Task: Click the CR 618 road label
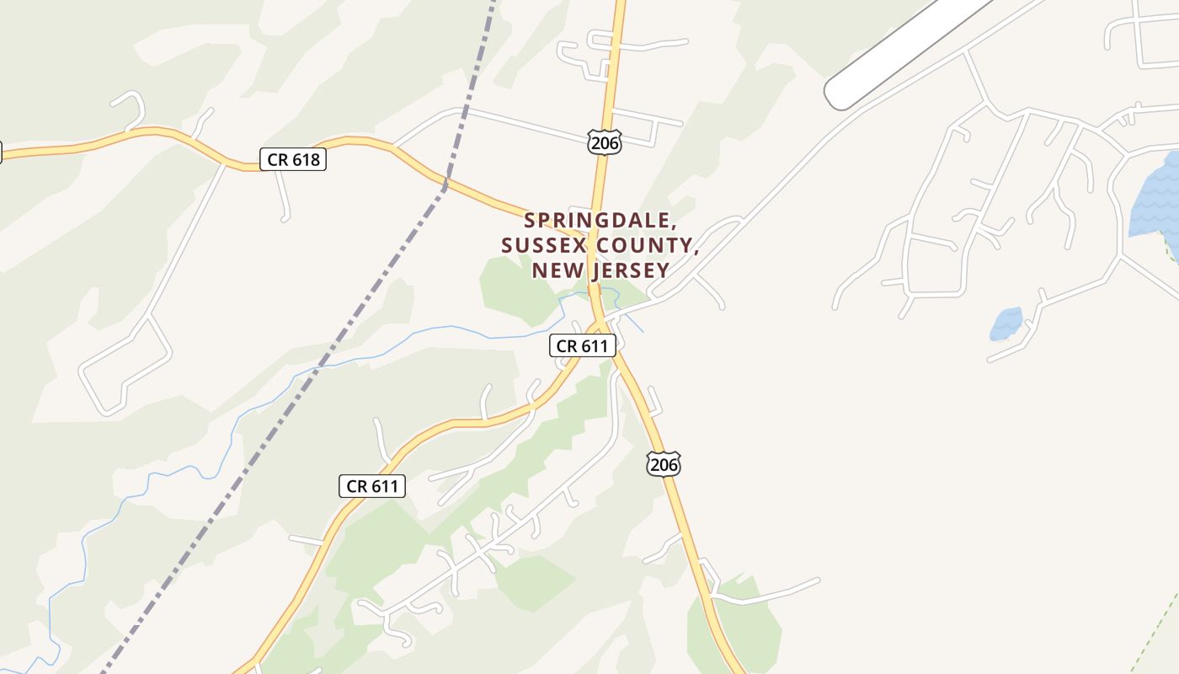tap(292, 159)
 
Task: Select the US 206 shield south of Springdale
tap(663, 463)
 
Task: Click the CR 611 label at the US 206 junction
tap(583, 345)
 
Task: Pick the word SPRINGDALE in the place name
tap(600, 221)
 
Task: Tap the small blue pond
tap(1006, 324)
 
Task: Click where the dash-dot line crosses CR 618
tap(444, 182)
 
